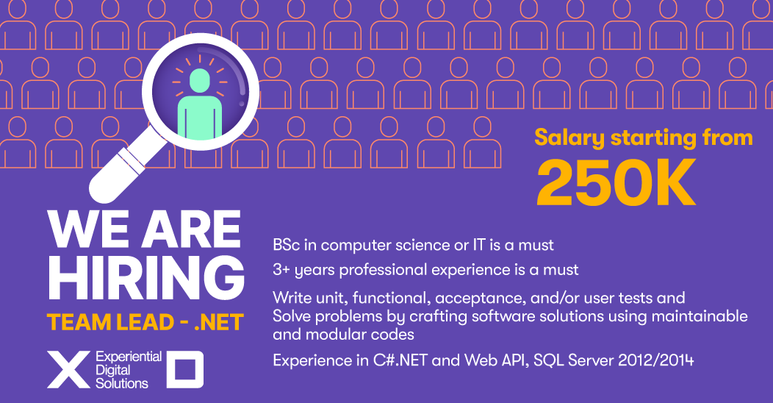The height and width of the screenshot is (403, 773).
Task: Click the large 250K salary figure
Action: point(616,183)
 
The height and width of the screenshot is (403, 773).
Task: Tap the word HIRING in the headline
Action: point(146,277)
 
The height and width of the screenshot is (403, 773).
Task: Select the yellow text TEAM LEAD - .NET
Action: point(145,323)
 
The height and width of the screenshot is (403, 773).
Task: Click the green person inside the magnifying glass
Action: point(200,104)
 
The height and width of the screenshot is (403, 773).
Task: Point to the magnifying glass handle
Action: point(118,173)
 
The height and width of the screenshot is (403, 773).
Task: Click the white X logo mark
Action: point(68,369)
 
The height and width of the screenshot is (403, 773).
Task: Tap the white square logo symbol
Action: point(185,369)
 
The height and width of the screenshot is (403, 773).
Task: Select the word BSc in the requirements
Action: point(287,245)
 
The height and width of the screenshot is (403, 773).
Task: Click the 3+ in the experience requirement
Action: point(281,270)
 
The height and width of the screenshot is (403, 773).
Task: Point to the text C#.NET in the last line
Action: point(400,360)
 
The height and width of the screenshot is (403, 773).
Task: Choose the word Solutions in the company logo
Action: point(122,383)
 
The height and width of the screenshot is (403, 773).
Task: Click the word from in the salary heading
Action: point(727,138)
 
